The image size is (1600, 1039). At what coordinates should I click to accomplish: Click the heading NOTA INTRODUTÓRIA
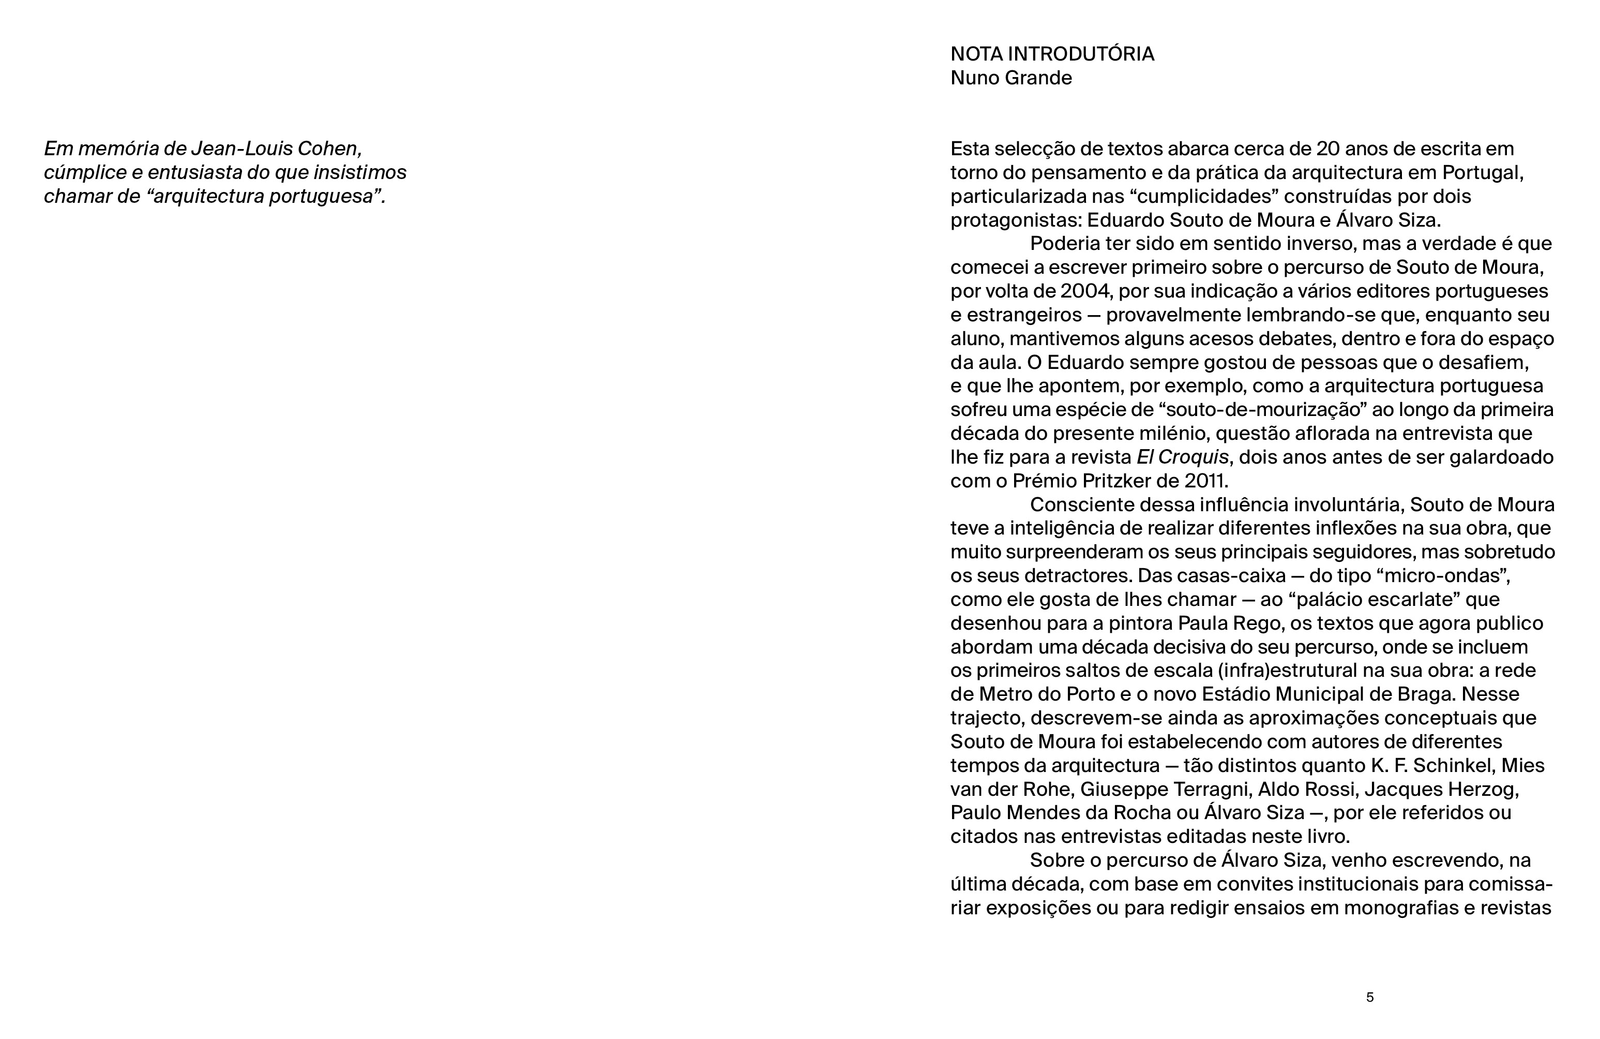1052,54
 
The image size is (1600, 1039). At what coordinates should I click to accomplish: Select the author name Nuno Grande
1011,78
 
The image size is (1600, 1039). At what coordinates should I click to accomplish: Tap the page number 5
1369,997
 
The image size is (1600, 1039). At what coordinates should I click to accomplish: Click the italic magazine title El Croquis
1183,457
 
